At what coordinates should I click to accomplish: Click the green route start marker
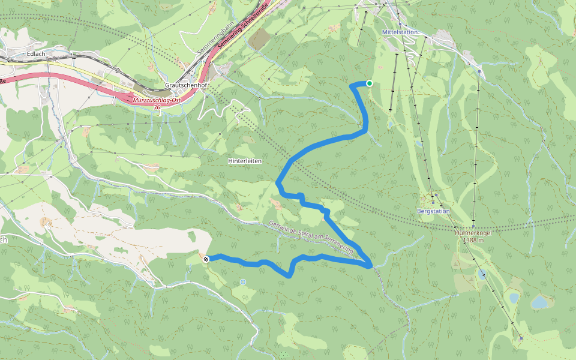(370, 83)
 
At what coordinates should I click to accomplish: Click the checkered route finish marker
(206, 259)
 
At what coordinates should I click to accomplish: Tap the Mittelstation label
(399, 32)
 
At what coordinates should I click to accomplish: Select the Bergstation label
(433, 211)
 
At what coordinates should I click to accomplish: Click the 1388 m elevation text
(474, 240)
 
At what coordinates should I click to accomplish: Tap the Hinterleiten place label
(245, 161)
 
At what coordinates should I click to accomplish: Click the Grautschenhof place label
(186, 86)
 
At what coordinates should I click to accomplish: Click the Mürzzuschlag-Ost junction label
(157, 100)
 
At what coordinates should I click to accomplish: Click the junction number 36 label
(157, 107)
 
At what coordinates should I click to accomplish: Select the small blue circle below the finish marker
(242, 281)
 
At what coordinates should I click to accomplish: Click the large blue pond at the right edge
(539, 302)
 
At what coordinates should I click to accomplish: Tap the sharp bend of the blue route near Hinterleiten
(278, 182)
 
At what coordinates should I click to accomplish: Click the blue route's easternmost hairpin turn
(371, 264)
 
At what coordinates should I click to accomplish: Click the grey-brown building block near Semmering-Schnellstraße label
(259, 39)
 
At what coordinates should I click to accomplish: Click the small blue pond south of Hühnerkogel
(482, 275)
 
